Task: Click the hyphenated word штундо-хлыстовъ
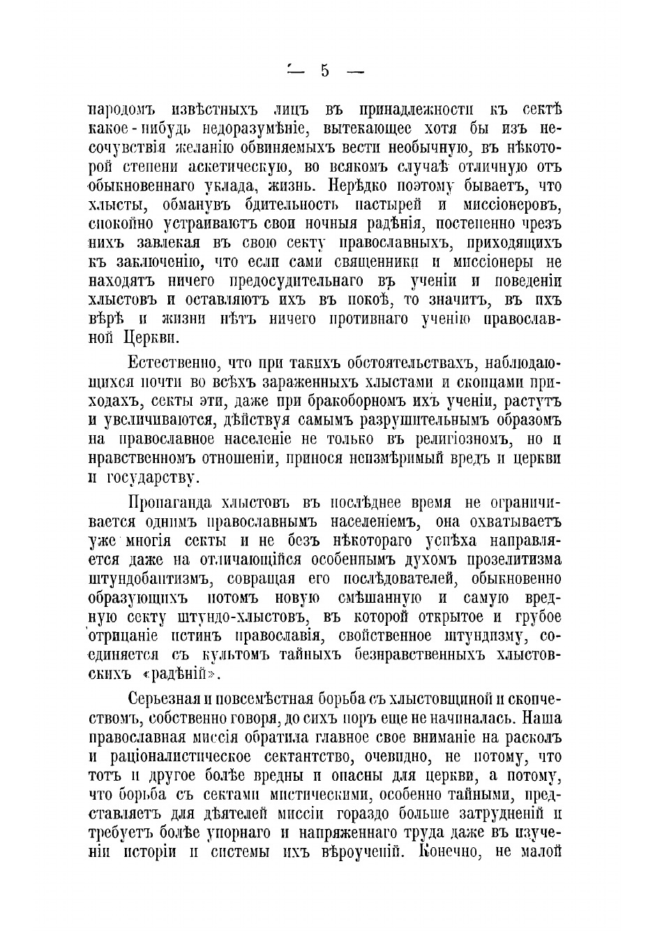[x=255, y=617]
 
